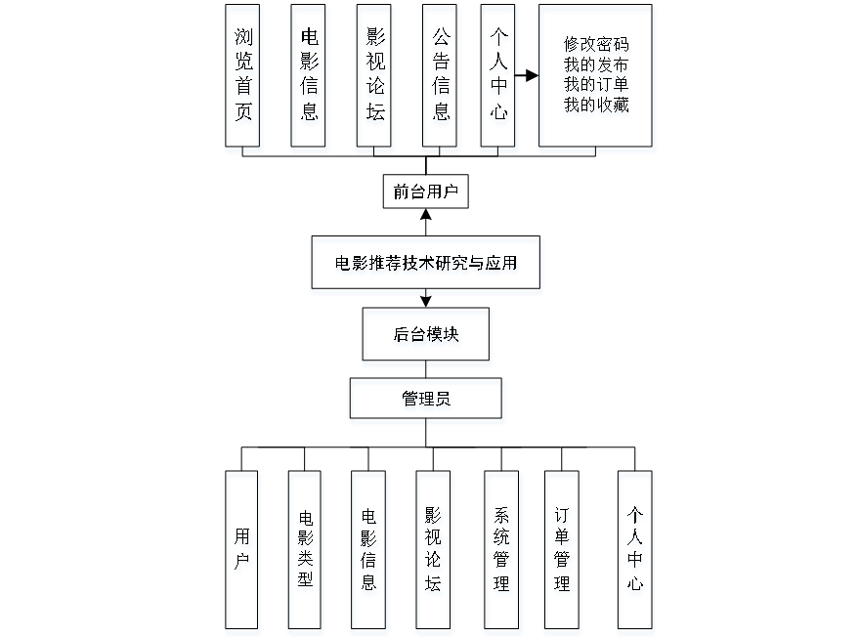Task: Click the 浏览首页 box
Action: point(243,79)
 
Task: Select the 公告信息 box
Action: point(441,79)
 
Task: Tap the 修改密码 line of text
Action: point(596,47)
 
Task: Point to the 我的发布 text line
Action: point(596,66)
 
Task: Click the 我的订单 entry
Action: point(596,87)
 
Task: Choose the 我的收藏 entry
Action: point(596,107)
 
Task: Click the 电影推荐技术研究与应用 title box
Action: point(426,266)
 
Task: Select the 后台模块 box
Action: point(427,338)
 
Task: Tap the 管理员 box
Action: point(427,402)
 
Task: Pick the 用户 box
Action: point(242,553)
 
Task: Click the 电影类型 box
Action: point(305,553)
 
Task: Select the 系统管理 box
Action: point(502,553)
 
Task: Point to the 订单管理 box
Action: point(562,553)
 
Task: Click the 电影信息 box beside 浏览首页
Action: point(309,79)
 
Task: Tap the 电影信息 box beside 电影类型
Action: point(368,553)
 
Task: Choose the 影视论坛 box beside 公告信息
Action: point(375,79)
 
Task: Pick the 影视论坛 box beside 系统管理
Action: point(433,553)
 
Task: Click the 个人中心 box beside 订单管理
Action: point(635,553)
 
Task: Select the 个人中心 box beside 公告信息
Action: point(499,79)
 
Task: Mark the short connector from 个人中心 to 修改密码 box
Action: point(529,75)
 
